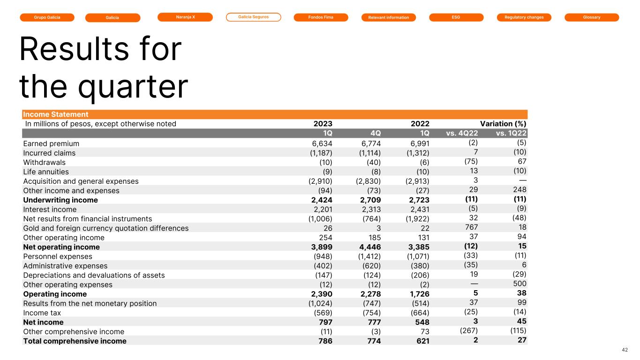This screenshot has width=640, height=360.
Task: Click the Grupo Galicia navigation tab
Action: tap(47, 17)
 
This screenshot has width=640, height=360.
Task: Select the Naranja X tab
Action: tap(185, 17)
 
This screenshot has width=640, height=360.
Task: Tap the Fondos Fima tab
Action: tap(321, 17)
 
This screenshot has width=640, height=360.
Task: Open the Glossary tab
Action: tap(592, 17)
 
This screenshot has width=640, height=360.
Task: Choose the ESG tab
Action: tap(456, 17)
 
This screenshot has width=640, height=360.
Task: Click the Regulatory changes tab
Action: tap(524, 17)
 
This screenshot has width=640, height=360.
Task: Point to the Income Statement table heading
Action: tap(56, 114)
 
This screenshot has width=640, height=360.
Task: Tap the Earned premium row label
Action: tap(51, 143)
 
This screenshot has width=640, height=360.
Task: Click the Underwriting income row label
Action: tap(60, 200)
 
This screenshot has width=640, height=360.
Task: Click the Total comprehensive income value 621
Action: tap(422, 341)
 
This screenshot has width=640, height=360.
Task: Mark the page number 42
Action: tap(625, 349)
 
